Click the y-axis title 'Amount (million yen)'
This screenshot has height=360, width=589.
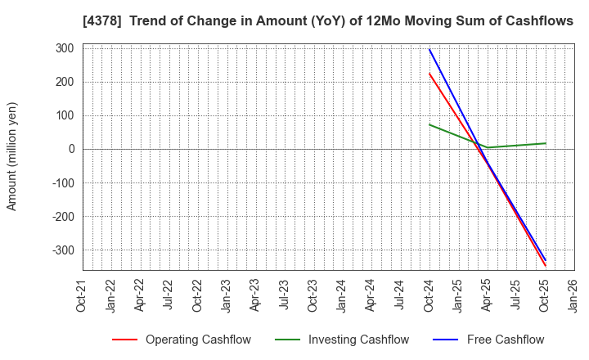pyautogui.click(x=12, y=156)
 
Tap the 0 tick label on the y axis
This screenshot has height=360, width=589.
pyautogui.click(x=71, y=149)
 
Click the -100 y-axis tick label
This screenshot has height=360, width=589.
pyautogui.click(x=62, y=183)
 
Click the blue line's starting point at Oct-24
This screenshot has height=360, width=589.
pyautogui.click(x=429, y=49)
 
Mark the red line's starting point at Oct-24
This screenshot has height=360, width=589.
pyautogui.click(x=429, y=74)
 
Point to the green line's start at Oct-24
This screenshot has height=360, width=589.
pyautogui.click(x=429, y=124)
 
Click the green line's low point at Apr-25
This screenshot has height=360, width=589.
pyautogui.click(x=488, y=148)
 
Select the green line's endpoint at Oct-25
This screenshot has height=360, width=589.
pyautogui.click(x=546, y=143)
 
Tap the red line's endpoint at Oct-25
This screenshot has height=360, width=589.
pyautogui.click(x=546, y=266)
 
